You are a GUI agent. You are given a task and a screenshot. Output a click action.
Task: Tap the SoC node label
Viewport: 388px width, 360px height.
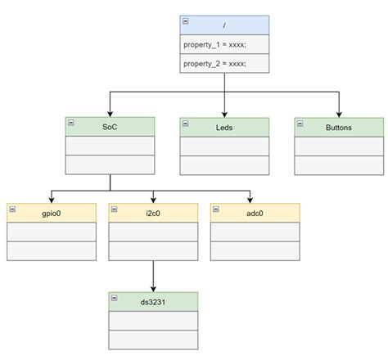(x=109, y=127)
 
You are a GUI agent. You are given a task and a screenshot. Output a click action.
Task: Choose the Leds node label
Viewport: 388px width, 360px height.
(x=224, y=127)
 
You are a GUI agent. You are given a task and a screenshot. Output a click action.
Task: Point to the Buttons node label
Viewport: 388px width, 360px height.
(x=338, y=127)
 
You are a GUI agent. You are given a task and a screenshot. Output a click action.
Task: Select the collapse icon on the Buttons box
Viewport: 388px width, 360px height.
(x=300, y=122)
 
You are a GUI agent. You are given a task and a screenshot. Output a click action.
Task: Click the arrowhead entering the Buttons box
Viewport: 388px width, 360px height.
(x=338, y=113)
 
